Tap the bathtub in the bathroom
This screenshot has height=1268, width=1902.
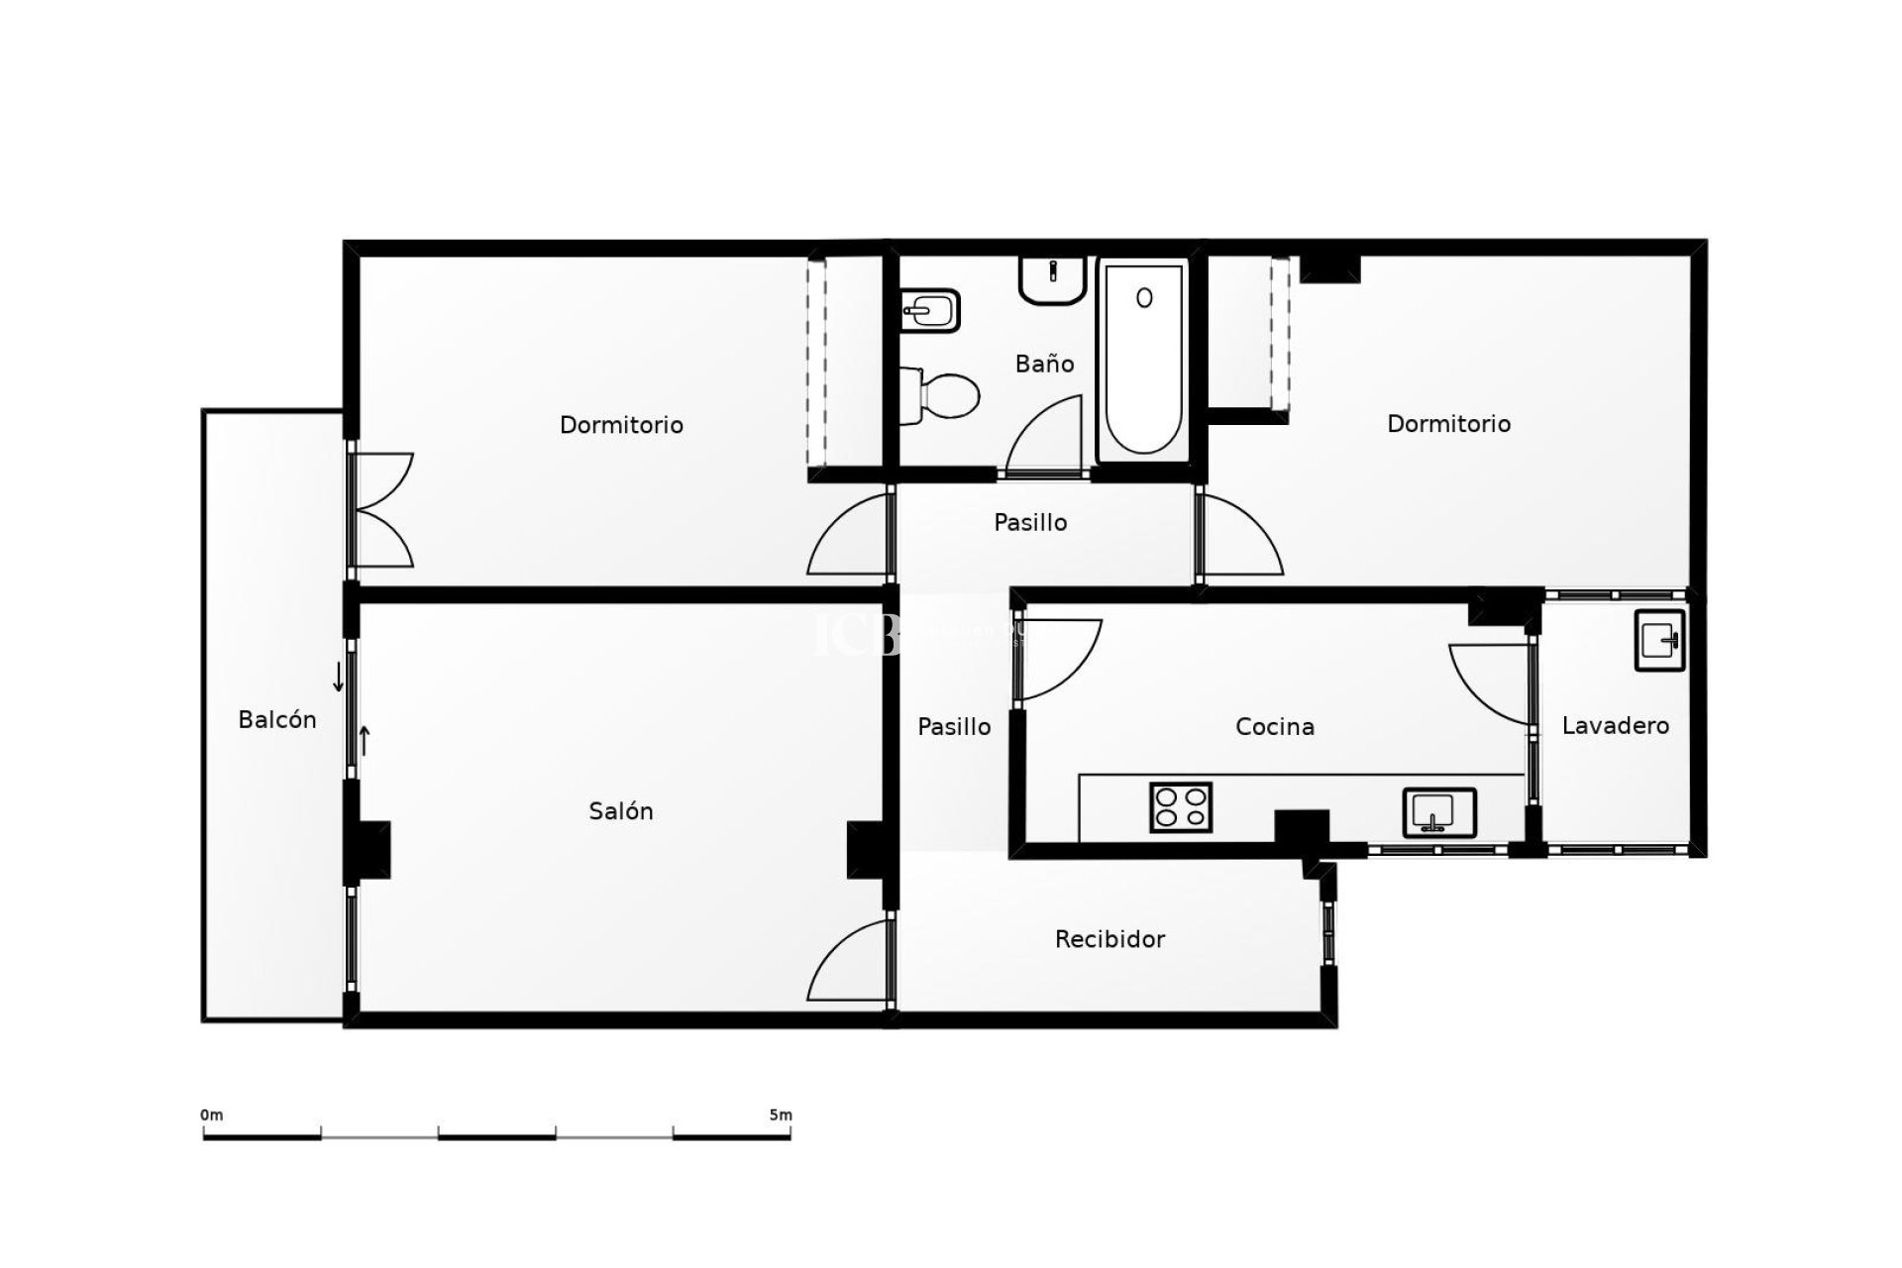pos(1143,361)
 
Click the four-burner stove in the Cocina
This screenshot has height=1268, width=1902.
pos(1181,806)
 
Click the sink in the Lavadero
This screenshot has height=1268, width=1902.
pos(1660,640)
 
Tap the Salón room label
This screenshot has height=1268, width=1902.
pos(621,811)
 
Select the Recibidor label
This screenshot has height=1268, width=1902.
pos(1109,939)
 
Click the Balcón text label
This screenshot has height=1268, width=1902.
pos(277,720)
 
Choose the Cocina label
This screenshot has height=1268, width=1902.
pos(1275,727)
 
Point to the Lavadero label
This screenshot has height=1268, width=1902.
pos(1615,726)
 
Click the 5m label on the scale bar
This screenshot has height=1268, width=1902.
pos(781,1115)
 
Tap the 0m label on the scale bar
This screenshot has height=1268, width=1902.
pos(212,1115)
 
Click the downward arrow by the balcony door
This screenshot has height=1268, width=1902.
pos(339,678)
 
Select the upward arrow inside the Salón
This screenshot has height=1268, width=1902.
pos(365,740)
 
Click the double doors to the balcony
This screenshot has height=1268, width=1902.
pos(381,510)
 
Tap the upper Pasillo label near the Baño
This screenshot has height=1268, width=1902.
pos(1030,523)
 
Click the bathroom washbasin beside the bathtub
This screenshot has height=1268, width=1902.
pos(1052,279)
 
